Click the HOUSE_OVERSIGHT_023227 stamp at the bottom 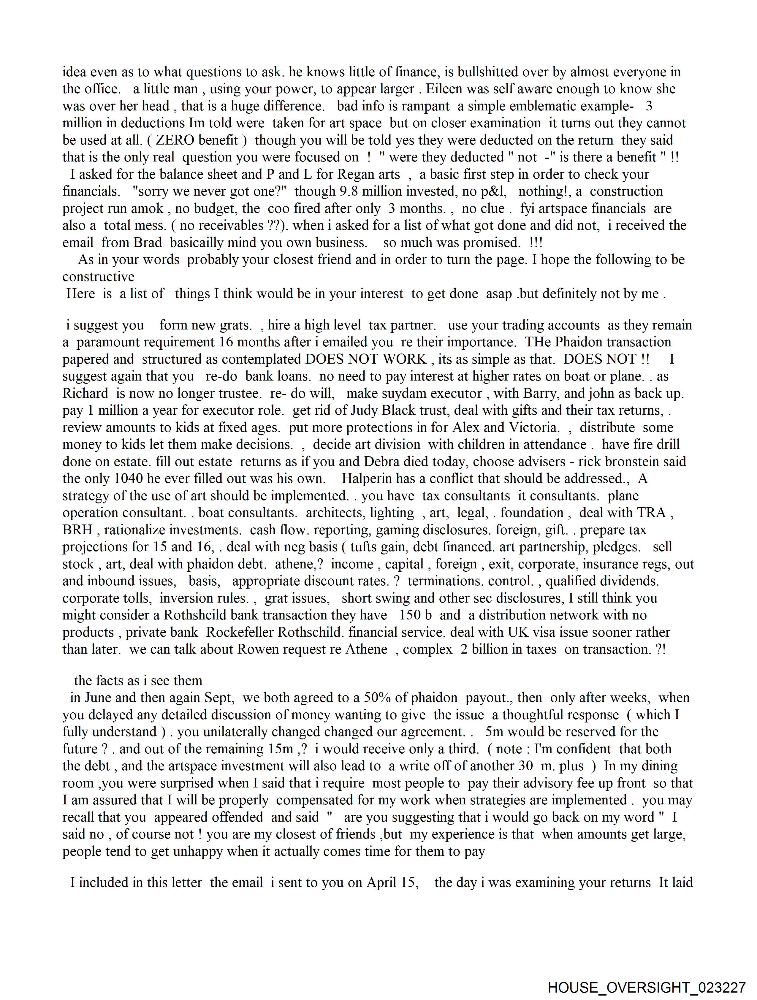tap(646, 987)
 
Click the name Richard tap(85, 393)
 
